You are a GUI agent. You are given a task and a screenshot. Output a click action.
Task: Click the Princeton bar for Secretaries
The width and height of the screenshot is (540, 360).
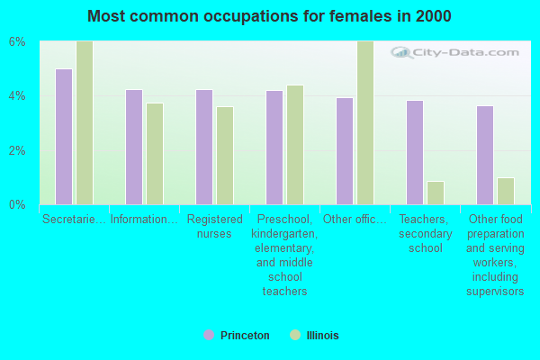tap(64, 137)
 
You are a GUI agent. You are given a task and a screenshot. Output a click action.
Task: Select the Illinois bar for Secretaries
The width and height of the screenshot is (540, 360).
tap(85, 123)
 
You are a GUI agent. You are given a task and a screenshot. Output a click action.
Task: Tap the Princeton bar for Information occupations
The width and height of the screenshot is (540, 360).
tap(134, 147)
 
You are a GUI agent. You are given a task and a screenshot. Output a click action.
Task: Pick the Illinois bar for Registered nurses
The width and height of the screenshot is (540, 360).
tap(225, 156)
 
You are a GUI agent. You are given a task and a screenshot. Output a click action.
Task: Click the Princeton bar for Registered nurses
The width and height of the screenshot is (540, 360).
tap(204, 147)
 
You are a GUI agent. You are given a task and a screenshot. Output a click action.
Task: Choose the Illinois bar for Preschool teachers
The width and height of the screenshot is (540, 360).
tap(295, 145)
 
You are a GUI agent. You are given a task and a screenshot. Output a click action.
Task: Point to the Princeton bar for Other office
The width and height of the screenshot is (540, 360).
tap(345, 151)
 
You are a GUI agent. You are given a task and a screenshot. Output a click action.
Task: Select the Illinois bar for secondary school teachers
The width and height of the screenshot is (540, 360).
tap(436, 193)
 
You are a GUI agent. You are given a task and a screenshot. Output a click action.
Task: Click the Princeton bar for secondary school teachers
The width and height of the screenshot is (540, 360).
tap(415, 152)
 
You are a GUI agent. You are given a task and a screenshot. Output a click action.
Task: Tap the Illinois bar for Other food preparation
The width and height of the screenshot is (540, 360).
tap(506, 191)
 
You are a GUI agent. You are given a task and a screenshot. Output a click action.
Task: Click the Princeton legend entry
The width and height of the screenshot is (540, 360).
tap(237, 336)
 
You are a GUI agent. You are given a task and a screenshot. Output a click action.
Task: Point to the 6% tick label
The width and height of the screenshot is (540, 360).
tap(18, 42)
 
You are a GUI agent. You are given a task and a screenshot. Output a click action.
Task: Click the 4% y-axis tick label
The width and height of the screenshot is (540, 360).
tap(18, 96)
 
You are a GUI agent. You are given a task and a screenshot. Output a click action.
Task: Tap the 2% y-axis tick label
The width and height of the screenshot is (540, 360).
tap(18, 150)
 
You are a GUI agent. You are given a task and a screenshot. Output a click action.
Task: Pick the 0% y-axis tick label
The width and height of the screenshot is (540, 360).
tap(18, 204)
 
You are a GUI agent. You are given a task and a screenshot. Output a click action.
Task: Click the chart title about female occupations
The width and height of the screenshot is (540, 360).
tap(270, 16)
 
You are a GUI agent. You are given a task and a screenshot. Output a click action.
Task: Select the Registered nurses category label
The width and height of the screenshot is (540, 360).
tap(215, 226)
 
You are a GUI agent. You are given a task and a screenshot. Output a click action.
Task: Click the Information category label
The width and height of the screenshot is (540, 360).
tap(144, 219)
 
